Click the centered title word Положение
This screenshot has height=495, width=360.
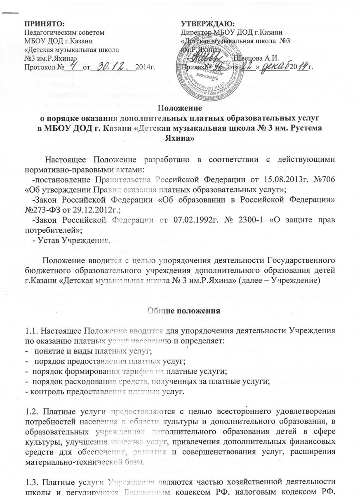pyautogui.click(x=180, y=110)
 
